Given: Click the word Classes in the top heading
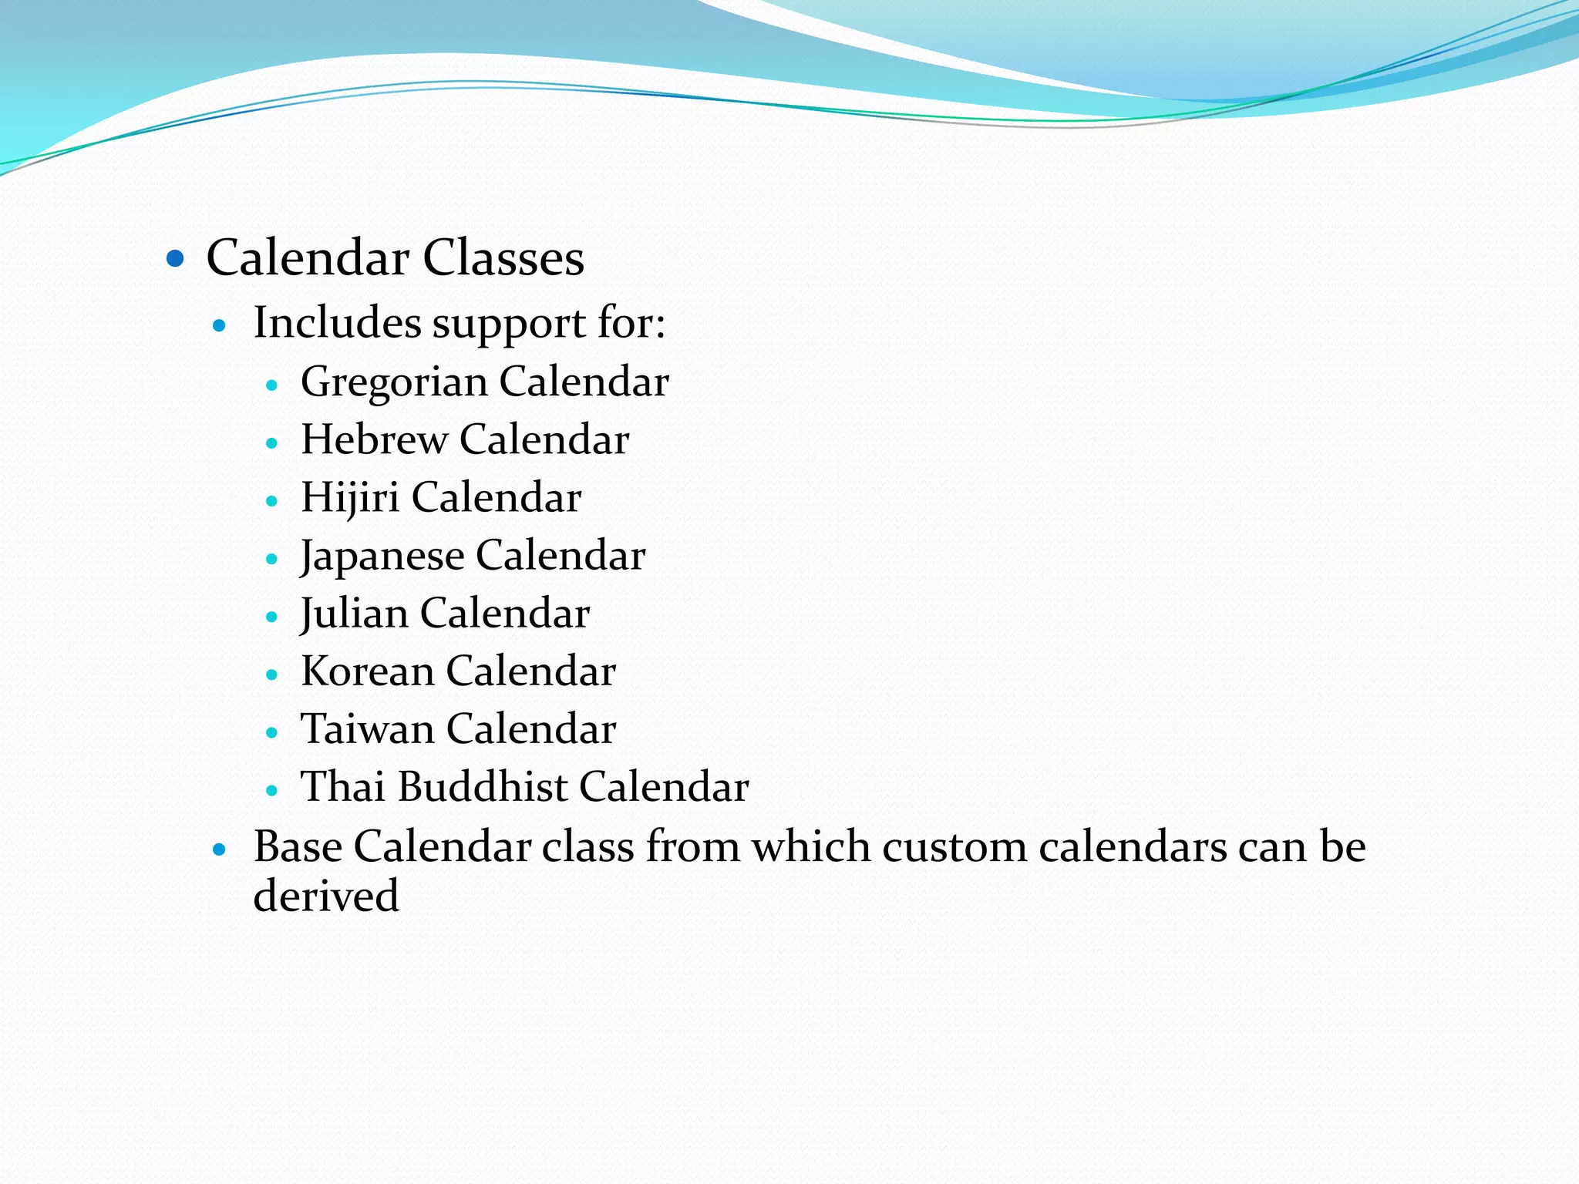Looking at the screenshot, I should (503, 257).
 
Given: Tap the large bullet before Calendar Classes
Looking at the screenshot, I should (176, 257).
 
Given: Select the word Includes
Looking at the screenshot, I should (336, 322).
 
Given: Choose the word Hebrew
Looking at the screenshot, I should (374, 439).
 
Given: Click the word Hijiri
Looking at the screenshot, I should (350, 498).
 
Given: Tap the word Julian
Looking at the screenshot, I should (354, 614).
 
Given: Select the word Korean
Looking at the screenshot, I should (368, 671).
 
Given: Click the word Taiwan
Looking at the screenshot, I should (368, 729).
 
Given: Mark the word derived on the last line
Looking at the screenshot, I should (326, 896).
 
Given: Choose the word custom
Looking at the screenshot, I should (954, 847).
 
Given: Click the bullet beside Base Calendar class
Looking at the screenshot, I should (220, 850).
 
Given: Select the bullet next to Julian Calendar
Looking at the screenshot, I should (271, 617).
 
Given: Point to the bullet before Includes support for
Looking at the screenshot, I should (220, 326).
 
